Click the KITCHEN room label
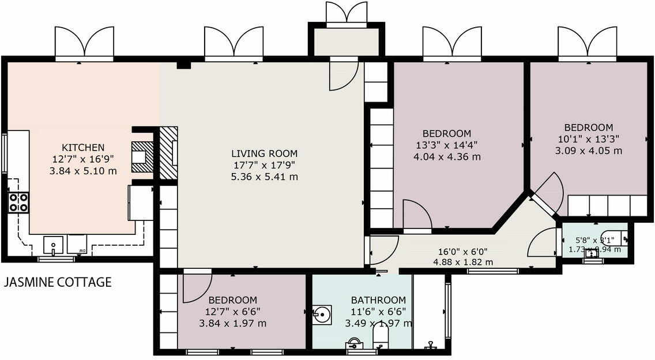coord(83,147)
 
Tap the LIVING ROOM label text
coord(264,153)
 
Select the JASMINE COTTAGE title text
coord(58,282)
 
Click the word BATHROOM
coord(378,300)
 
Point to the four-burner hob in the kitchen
coord(18,202)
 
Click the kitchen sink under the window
coord(53,245)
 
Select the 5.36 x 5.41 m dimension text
coord(264,177)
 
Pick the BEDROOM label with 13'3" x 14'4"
coord(446,133)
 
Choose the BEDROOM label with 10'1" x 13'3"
coord(588,127)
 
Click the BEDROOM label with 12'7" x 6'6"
coord(232,300)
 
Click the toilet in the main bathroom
coord(381,337)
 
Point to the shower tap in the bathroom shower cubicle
coord(429,346)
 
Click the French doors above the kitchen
coord(84,43)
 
